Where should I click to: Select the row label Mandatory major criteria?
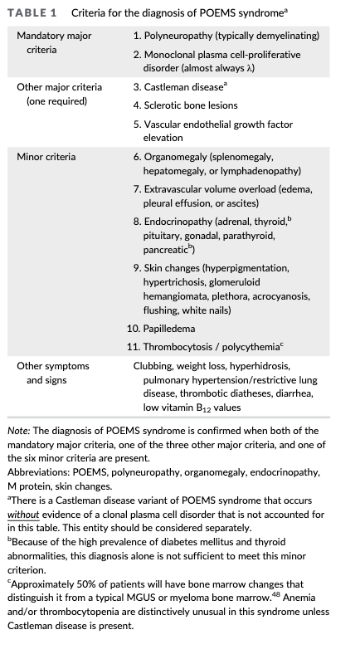click(x=54, y=42)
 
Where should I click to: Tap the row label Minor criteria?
click(x=46, y=157)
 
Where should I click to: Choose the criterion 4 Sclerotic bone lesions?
click(x=190, y=105)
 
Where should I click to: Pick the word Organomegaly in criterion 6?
click(x=177, y=157)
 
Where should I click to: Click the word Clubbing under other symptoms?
click(x=153, y=365)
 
